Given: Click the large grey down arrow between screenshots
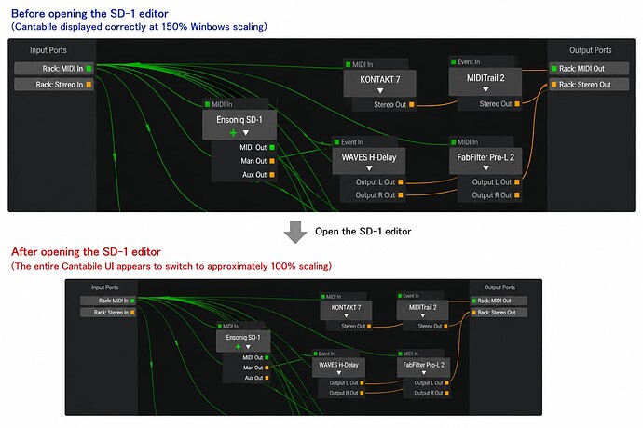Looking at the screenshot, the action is click(295, 232).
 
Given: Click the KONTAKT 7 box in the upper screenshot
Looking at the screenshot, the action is click(379, 83).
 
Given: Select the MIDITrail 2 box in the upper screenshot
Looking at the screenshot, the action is click(486, 82).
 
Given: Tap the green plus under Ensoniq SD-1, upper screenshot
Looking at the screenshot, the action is click(233, 133).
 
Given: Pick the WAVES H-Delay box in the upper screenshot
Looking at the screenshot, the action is click(369, 161).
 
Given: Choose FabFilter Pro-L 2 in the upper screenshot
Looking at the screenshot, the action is click(486, 161).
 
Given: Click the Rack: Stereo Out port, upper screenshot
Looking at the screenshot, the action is click(589, 85).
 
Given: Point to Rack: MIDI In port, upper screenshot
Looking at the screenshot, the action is click(54, 69).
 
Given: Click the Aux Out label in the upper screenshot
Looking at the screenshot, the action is click(254, 175).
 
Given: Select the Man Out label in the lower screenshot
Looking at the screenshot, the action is click(253, 368).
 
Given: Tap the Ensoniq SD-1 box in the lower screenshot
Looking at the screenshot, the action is click(243, 341).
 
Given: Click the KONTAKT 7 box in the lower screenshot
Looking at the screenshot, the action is click(346, 310).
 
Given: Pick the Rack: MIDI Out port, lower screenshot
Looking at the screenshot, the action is click(499, 301).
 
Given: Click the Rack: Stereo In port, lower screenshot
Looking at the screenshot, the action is click(108, 312).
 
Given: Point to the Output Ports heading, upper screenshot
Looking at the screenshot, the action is click(591, 50).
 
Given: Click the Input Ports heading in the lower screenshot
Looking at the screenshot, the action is click(104, 288).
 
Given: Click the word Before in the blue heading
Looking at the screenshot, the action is click(28, 14).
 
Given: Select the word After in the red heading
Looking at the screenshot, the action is click(24, 251).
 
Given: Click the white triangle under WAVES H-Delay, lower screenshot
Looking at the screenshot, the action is click(339, 373).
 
